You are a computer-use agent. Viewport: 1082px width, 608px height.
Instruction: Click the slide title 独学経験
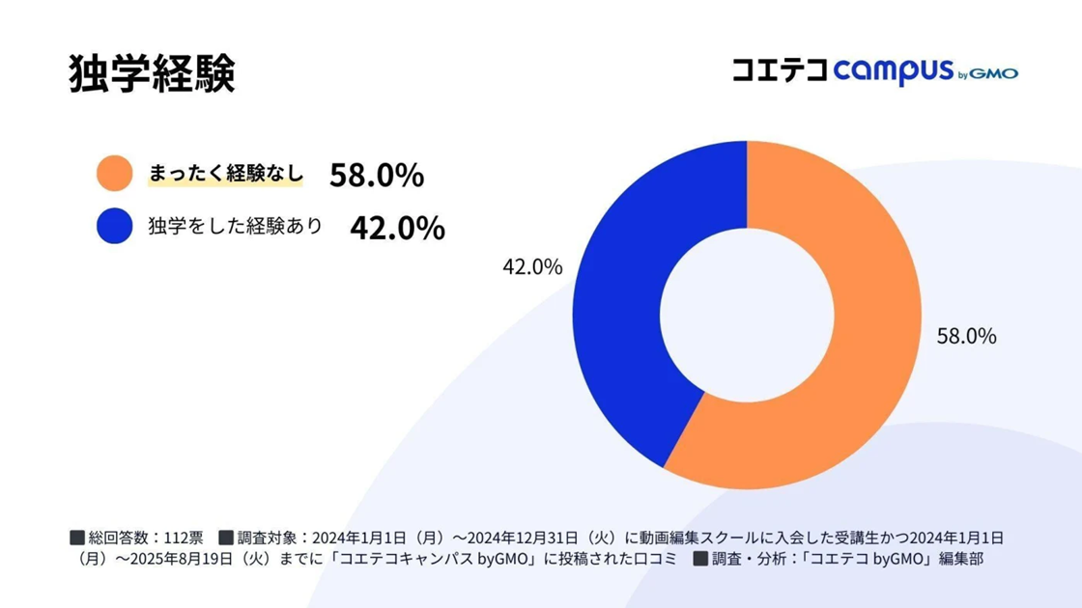(x=153, y=73)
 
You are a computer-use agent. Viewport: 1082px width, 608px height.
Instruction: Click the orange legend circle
(x=115, y=175)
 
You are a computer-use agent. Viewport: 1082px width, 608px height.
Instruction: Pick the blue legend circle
(x=115, y=227)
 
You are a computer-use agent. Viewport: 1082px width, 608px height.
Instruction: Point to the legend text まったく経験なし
(x=225, y=175)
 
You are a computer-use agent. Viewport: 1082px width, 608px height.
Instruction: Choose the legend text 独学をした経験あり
(x=235, y=227)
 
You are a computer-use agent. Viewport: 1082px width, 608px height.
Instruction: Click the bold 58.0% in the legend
(x=377, y=175)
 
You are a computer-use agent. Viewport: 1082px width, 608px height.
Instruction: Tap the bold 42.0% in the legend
(x=397, y=228)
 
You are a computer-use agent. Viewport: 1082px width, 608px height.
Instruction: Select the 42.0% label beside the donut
(x=531, y=268)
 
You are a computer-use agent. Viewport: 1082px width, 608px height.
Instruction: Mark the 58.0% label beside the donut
(x=966, y=337)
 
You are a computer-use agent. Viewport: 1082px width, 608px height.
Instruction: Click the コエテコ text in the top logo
(x=779, y=71)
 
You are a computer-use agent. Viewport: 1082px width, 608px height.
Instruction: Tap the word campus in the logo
(x=893, y=71)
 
